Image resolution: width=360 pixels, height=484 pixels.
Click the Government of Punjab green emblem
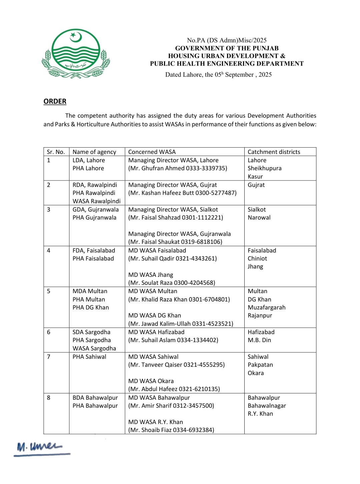click(76, 54)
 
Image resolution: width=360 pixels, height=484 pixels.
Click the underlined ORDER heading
click(55, 101)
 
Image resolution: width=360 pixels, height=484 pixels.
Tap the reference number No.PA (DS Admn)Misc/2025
click(227, 40)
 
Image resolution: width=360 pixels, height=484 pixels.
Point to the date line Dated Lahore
click(218, 75)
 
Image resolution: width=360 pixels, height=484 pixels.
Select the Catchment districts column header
click(274, 152)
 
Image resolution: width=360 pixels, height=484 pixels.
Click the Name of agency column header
click(94, 152)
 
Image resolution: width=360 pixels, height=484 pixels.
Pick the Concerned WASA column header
click(152, 152)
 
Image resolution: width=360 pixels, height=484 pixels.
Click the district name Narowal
click(259, 218)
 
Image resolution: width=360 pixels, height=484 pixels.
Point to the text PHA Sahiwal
click(89, 357)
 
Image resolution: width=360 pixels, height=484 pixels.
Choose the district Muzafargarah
click(266, 307)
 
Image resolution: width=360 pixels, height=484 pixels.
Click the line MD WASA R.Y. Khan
click(156, 422)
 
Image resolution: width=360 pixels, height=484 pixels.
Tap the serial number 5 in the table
click(49, 291)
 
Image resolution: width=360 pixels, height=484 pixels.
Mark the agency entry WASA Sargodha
click(94, 348)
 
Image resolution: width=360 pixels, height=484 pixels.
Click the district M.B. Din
click(259, 340)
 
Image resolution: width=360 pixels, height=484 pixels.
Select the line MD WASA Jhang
click(151, 275)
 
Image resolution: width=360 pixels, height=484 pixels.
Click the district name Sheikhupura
click(264, 168)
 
